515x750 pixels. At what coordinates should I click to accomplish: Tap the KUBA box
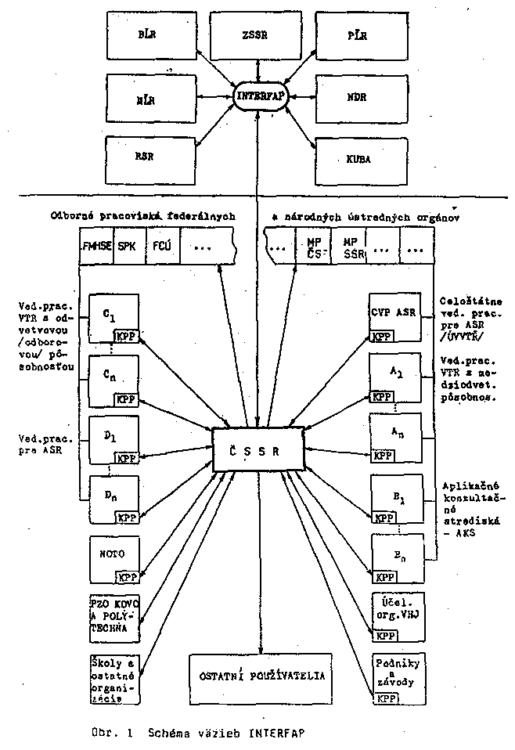click(359, 157)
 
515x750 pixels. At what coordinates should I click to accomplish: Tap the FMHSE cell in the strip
click(97, 245)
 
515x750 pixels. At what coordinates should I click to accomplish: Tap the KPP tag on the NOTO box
click(127, 578)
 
